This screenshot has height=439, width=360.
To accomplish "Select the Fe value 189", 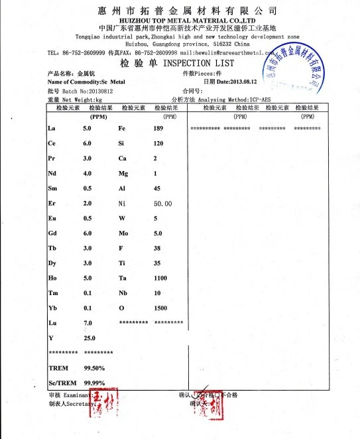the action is [x=158, y=127].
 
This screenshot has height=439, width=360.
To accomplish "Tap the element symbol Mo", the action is [x=124, y=233].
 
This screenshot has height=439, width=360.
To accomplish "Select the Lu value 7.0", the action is [x=87, y=323].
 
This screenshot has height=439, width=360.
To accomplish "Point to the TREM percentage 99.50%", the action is [x=93, y=367].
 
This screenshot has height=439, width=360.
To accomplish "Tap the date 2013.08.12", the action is [x=236, y=81].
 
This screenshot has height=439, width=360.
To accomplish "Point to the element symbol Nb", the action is [x=123, y=293].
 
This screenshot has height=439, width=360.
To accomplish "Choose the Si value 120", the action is [x=158, y=143].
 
